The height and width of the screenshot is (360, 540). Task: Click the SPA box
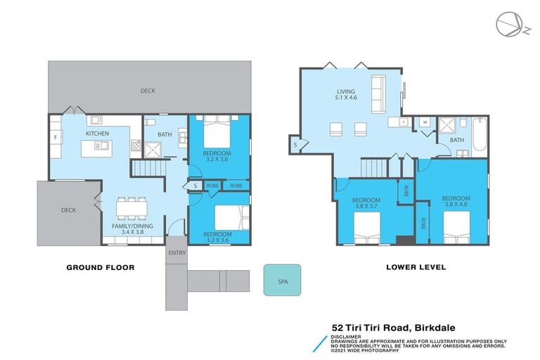coord(283,279)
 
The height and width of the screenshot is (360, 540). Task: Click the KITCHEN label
coord(97,133)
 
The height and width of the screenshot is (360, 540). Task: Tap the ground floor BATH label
coord(165,134)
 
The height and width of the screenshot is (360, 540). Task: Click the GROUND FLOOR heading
coord(100,267)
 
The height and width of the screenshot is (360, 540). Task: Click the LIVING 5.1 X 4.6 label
coord(346,94)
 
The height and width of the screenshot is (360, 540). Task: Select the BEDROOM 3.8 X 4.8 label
coord(455,202)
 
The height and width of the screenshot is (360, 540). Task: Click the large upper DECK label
coord(148,90)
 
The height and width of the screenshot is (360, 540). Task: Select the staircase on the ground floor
coord(149,169)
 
